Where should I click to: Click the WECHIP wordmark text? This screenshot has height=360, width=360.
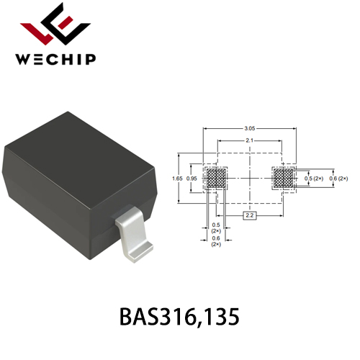55,59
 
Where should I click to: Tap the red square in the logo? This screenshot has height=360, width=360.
66,23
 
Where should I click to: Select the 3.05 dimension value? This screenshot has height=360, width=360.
250,128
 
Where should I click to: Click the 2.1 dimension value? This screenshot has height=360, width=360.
250,140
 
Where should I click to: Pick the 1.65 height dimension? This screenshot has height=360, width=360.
177,179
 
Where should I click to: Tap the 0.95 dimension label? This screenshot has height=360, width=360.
192,179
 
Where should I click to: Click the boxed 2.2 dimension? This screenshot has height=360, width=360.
250,215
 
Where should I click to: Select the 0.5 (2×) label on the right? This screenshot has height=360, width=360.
314,179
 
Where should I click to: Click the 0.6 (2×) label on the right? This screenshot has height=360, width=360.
338,179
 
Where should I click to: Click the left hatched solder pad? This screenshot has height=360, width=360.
216,179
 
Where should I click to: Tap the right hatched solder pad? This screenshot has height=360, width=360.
284,179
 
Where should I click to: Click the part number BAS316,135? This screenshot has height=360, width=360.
179,317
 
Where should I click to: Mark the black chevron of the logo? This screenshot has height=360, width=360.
66,24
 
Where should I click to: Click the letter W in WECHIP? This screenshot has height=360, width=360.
22,59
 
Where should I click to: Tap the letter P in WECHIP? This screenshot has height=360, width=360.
91,59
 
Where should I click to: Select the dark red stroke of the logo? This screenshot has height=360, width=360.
41,32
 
